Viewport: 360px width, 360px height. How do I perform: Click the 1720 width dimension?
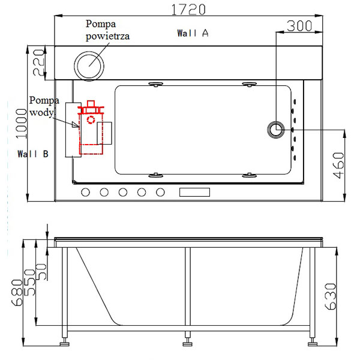click(x=188, y=10)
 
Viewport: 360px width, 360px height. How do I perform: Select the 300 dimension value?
click(x=299, y=26)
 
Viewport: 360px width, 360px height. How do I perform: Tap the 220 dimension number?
click(x=38, y=62)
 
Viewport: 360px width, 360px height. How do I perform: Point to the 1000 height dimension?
click(x=22, y=124)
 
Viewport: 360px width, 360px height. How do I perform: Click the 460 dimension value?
click(x=338, y=166)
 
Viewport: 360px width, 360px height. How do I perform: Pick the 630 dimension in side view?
click(x=331, y=296)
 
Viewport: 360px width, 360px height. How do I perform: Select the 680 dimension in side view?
click(x=17, y=293)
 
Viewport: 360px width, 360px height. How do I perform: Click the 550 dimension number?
click(x=30, y=283)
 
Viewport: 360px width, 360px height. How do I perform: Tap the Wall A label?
click(x=193, y=33)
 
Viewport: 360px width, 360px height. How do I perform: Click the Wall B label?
click(x=33, y=154)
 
